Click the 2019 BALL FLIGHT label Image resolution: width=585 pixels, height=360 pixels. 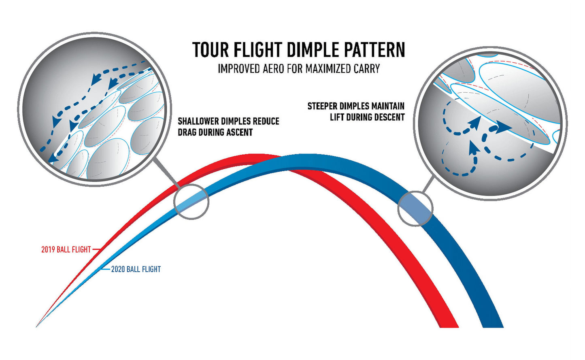[66, 250]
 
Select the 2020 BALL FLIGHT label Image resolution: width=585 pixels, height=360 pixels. [136, 269]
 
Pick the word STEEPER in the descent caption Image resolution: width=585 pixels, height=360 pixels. [323, 107]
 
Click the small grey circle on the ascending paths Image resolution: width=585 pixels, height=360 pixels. [191, 202]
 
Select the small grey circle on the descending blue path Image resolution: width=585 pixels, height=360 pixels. [415, 209]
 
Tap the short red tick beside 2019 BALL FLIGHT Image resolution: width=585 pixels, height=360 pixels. [96, 249]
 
